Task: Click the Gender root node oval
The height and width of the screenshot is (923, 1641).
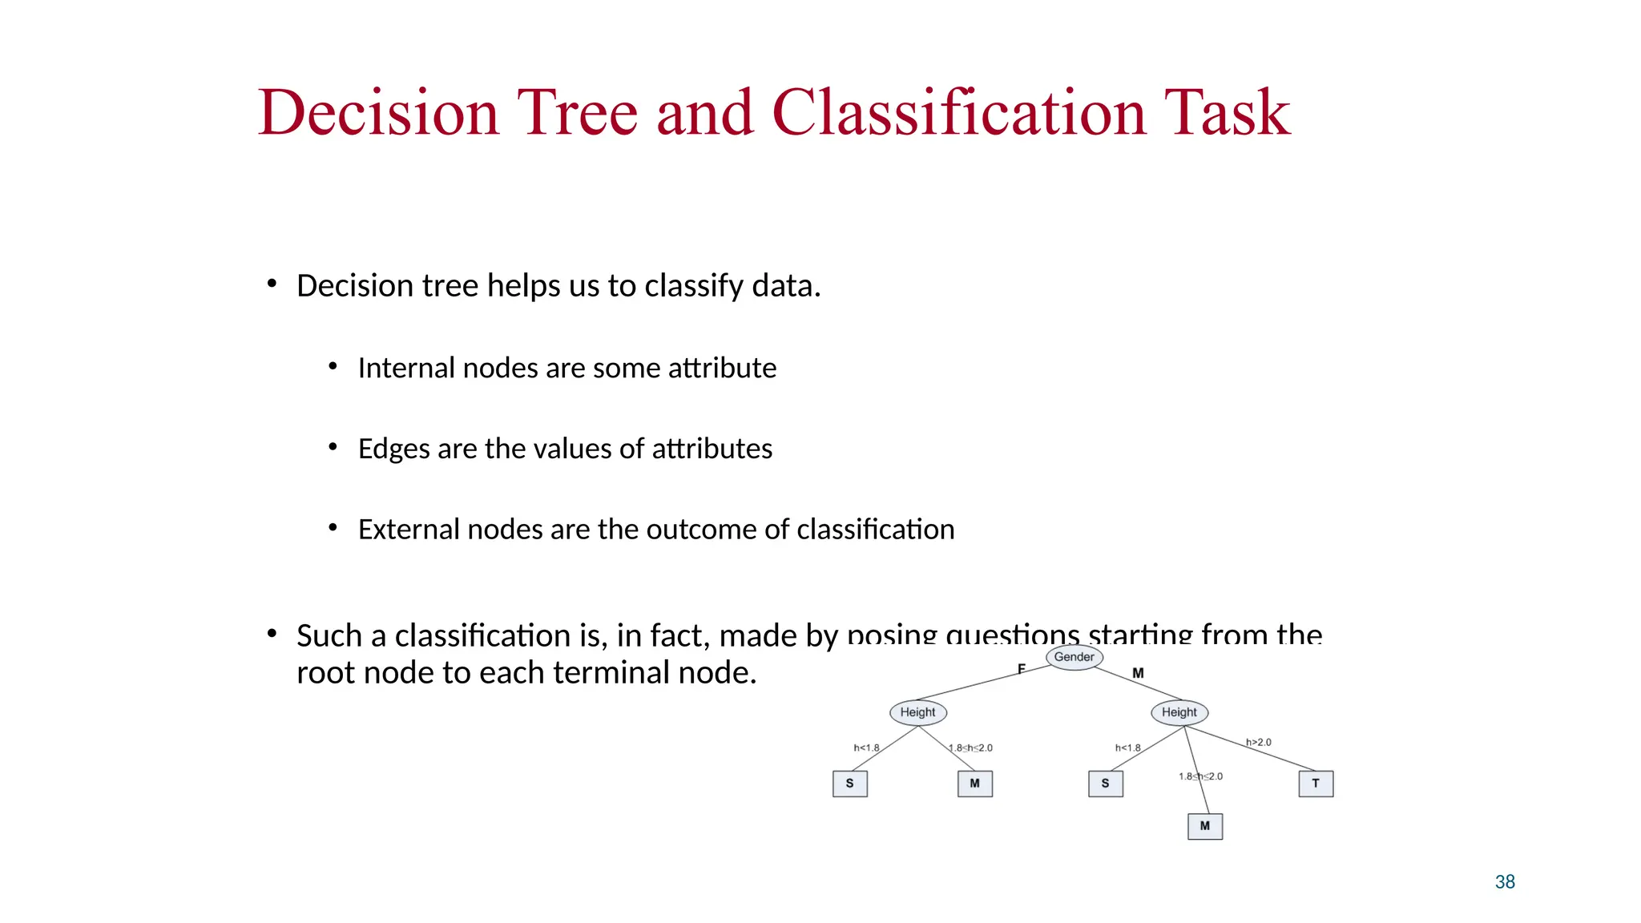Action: [x=1075, y=657]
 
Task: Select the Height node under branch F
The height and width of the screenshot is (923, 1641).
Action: [x=918, y=712]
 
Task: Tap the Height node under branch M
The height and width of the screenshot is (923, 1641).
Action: [x=1179, y=712]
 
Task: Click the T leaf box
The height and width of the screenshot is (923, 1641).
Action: [x=1316, y=784]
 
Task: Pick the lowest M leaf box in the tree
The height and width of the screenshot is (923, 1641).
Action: [x=1205, y=826]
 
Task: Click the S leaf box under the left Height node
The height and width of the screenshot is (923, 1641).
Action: [x=850, y=784]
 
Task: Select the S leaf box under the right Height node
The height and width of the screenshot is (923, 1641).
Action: [x=1106, y=784]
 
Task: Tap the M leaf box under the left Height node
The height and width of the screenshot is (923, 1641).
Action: [x=975, y=784]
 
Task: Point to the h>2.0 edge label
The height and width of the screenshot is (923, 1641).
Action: [x=1258, y=743]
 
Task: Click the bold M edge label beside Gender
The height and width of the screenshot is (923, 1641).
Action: [x=1138, y=674]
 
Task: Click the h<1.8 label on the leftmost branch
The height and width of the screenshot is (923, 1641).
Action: [x=866, y=748]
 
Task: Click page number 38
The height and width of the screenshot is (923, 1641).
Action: [x=1505, y=882]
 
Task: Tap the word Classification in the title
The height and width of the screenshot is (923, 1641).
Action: [x=958, y=113]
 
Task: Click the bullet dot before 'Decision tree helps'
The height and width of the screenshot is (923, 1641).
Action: [x=272, y=284]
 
